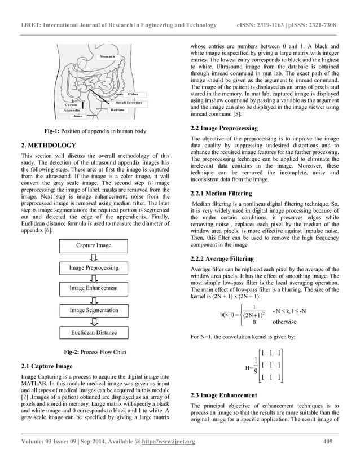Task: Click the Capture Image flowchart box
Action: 95,245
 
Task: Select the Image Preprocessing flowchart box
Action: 94,267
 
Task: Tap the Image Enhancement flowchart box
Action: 94,288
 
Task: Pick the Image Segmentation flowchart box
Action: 94,310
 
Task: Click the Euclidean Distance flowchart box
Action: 94,332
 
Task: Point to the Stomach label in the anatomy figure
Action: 107,56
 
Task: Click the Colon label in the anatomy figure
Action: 134,94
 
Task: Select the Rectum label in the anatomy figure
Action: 117,110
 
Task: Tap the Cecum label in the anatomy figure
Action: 71,105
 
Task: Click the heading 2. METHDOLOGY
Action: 47,144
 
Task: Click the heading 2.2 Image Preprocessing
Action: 225,128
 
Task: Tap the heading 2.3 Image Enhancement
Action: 224,395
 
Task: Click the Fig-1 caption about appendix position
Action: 94,131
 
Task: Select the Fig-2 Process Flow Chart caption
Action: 94,352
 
